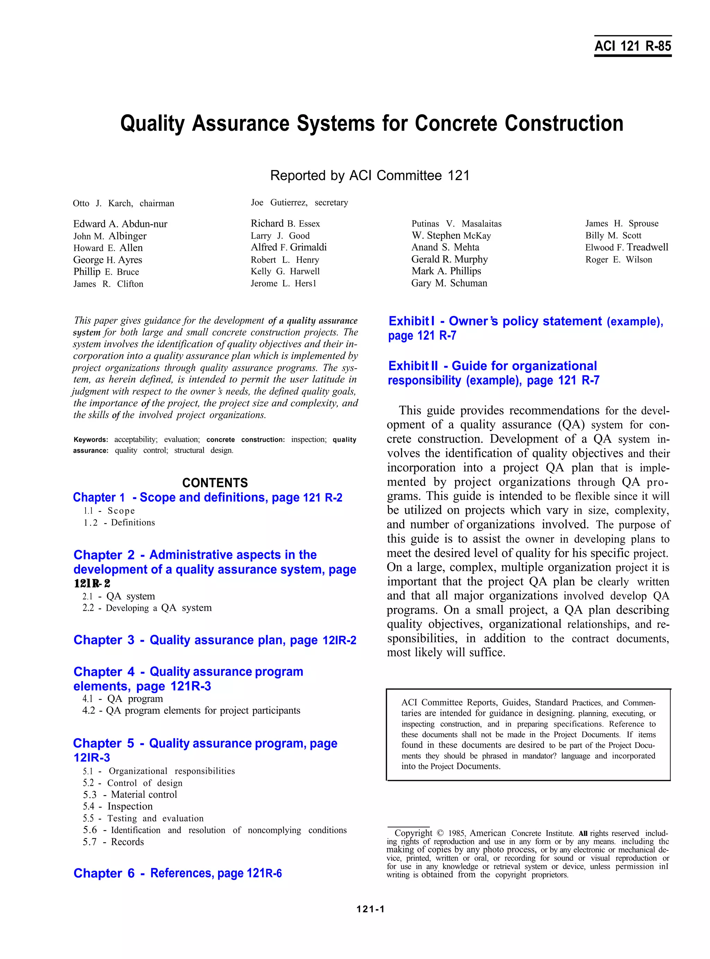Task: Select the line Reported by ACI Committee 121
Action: (370, 176)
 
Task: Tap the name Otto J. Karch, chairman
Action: (123, 203)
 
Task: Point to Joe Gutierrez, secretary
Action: (299, 203)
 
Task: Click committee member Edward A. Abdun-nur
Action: (120, 224)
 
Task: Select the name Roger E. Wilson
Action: (618, 260)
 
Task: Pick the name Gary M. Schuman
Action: (449, 283)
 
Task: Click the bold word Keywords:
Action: (91, 440)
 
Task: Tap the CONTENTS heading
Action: (215, 483)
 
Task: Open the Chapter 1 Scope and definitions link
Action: (208, 498)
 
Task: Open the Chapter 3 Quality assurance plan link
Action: (215, 640)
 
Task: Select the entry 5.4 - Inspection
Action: (118, 806)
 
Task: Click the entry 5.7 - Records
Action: (113, 842)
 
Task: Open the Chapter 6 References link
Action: (177, 873)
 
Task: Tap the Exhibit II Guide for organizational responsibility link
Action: (493, 373)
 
